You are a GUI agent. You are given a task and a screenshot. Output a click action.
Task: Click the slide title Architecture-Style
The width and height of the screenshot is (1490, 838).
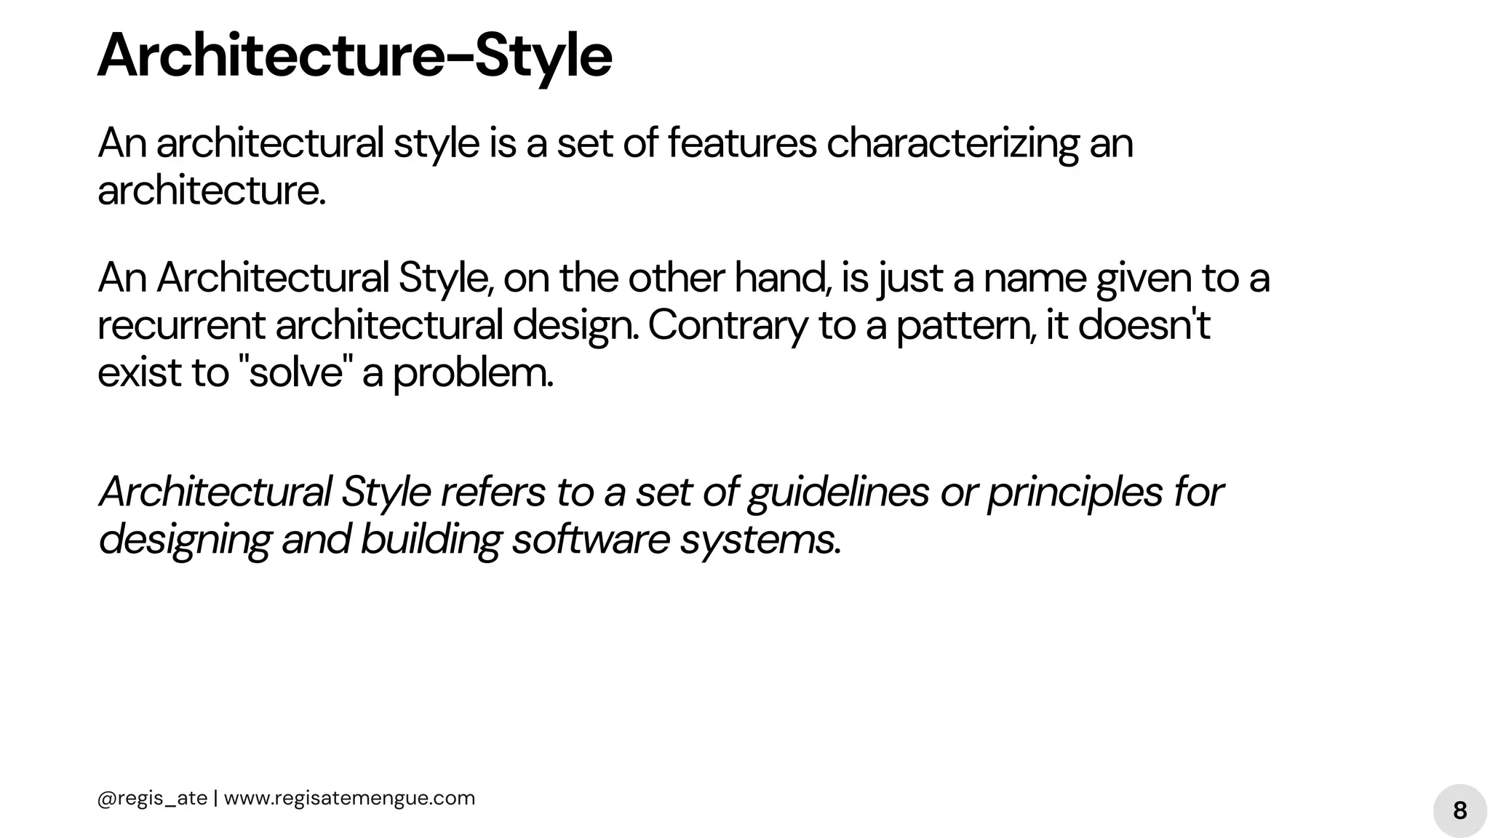[354, 56]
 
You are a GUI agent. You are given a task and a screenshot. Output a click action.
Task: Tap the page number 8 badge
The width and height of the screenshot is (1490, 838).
[1459, 810]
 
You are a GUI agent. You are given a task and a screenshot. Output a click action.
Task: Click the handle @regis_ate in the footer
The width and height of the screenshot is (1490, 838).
[152, 798]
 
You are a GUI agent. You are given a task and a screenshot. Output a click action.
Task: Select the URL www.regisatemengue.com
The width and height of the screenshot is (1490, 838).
[349, 798]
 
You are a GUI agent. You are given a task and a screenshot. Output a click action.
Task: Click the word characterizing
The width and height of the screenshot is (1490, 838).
[952, 143]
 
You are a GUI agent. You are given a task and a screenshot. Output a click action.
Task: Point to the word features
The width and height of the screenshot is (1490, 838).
[742, 143]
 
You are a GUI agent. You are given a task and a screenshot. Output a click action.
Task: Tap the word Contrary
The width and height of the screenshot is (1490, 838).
[728, 325]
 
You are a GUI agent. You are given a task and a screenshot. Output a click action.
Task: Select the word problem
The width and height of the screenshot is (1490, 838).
[473, 373]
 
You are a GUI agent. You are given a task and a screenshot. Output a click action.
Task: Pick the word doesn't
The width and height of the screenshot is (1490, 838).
[1144, 324]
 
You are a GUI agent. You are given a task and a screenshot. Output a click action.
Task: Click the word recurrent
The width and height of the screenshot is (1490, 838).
[181, 325]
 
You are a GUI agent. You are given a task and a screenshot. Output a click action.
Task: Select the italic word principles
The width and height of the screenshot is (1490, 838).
[1075, 492]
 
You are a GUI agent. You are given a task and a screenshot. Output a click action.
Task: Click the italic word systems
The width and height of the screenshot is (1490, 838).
[760, 540]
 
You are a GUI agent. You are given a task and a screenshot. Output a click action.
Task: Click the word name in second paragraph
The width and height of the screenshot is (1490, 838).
[1035, 278]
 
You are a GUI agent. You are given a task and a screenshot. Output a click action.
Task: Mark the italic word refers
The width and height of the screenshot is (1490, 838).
[493, 492]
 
